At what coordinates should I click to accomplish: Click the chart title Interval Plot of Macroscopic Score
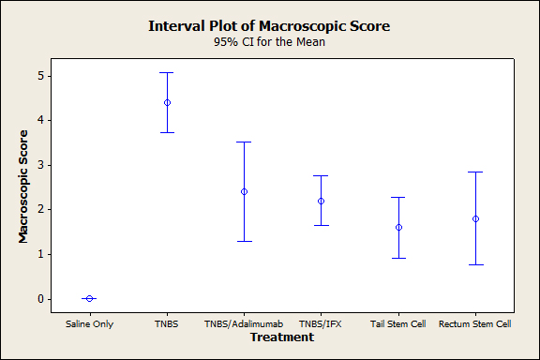tap(269, 26)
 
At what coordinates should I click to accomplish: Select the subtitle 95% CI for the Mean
tap(269, 42)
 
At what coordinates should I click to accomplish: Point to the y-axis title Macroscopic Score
tap(23, 187)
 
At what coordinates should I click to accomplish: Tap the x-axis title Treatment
tap(282, 337)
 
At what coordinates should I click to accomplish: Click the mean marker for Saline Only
tap(89, 298)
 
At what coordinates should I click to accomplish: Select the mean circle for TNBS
tap(168, 103)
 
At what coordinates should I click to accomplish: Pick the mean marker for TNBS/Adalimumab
tap(244, 191)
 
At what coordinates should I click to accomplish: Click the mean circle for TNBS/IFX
tap(321, 201)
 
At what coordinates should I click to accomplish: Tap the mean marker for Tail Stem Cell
tap(398, 228)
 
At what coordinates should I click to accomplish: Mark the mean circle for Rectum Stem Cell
tap(475, 218)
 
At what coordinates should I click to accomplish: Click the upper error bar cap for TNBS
tap(168, 73)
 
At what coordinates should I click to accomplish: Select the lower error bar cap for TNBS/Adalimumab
tap(244, 241)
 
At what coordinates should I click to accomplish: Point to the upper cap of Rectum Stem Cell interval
tap(475, 172)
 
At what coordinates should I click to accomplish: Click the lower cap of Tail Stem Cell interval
tap(398, 258)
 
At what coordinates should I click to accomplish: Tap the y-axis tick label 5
tap(41, 76)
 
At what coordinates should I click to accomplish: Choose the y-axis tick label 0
tap(41, 299)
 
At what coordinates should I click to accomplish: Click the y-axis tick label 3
tap(41, 165)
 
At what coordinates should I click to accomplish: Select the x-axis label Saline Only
tap(90, 324)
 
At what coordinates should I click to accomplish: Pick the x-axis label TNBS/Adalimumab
tap(244, 324)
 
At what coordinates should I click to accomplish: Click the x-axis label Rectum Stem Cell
tap(475, 324)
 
